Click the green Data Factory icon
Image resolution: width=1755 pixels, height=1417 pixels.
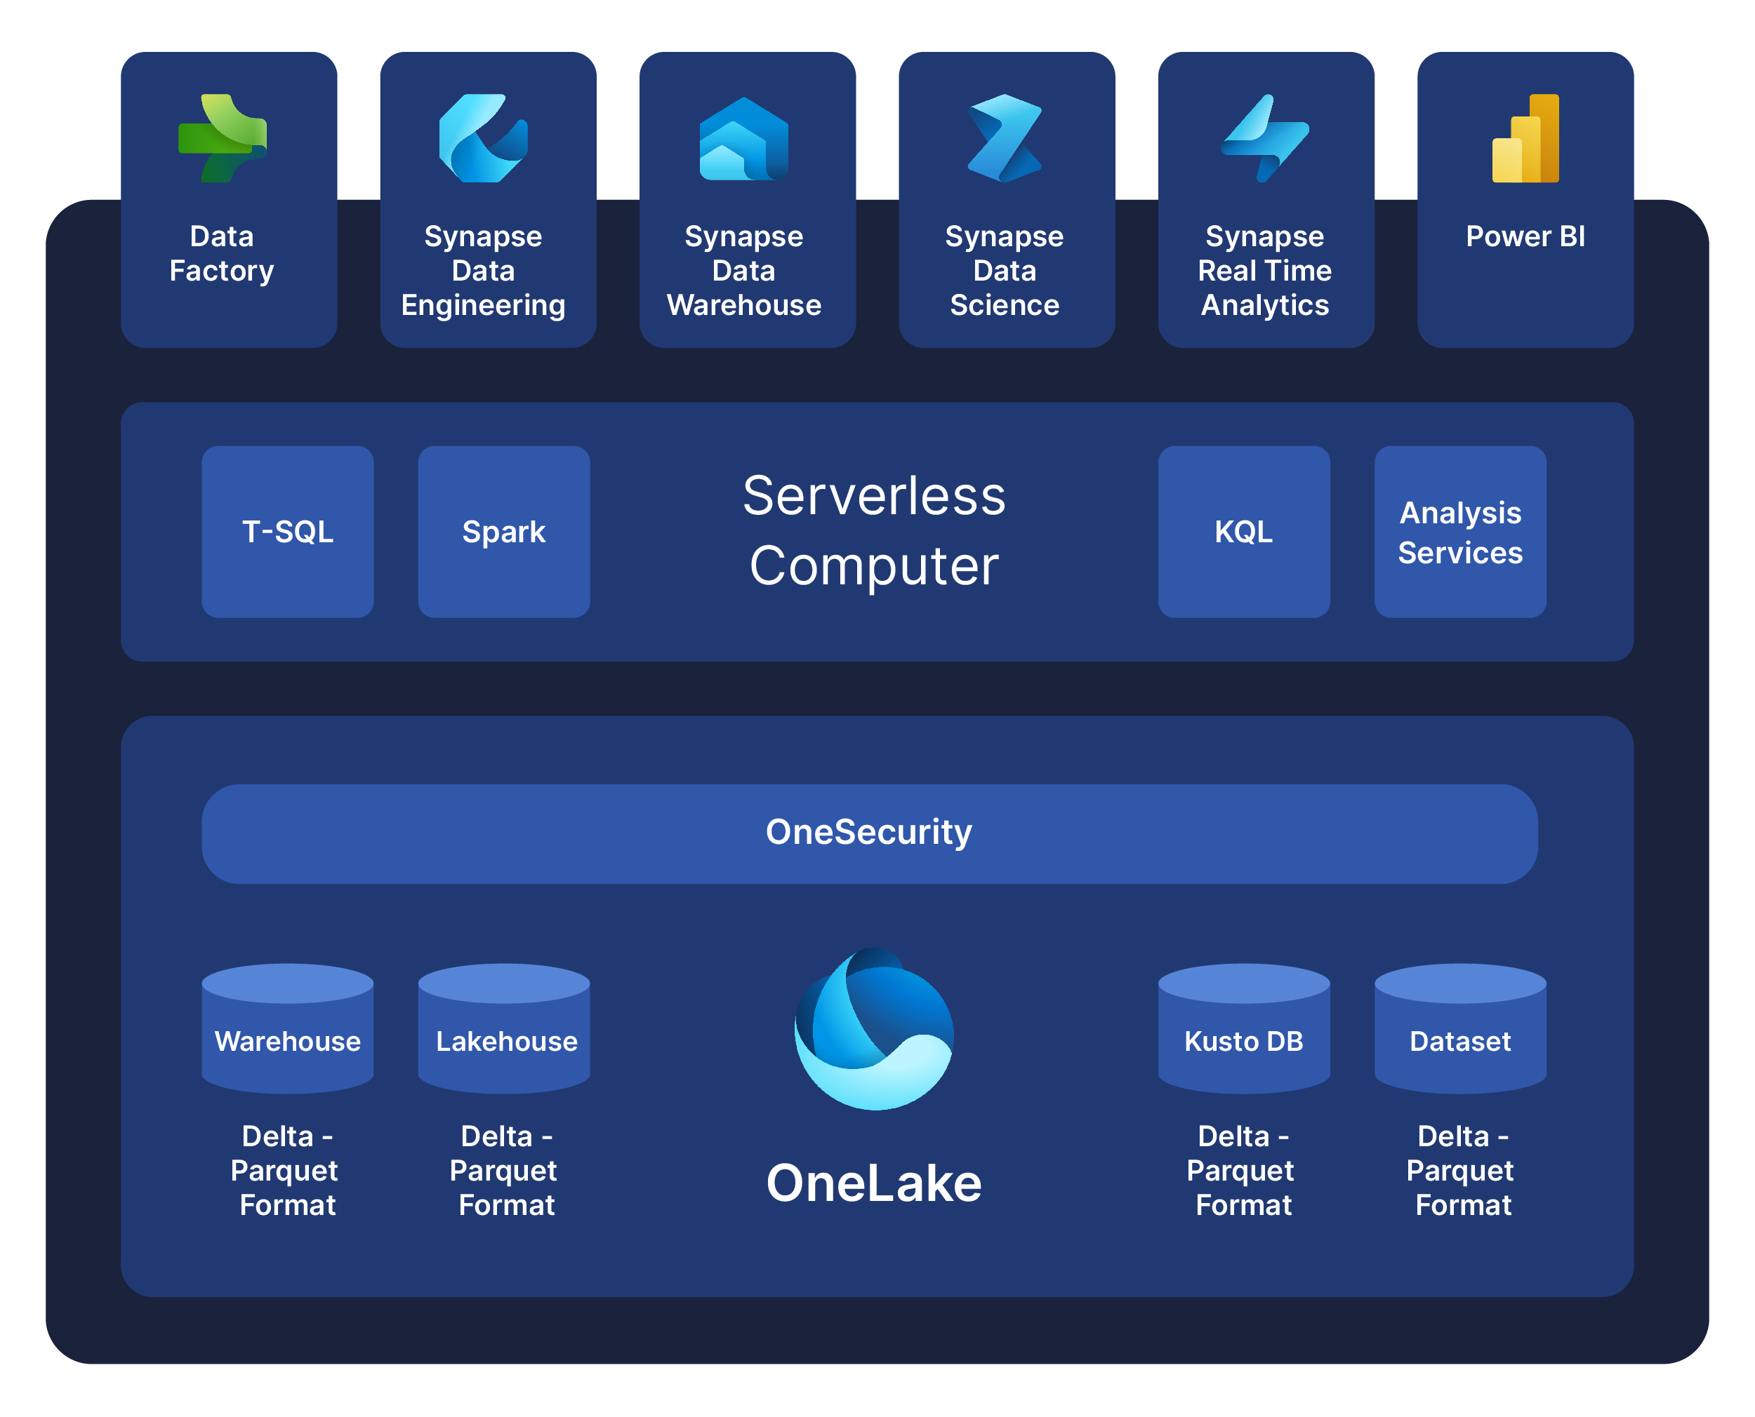pos(222,138)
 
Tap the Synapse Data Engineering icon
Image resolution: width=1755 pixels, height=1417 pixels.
pos(483,138)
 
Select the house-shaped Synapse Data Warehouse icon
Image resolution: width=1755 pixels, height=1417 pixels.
pos(743,139)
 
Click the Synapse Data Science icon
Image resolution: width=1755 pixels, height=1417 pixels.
pos(1004,138)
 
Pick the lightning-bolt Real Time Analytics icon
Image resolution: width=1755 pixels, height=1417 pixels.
pos(1264,138)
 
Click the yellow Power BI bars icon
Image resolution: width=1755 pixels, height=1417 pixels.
pos(1525,138)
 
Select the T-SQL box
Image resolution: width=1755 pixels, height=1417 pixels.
pos(287,532)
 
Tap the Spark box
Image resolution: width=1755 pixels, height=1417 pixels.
pos(503,532)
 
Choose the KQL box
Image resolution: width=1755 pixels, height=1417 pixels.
pos(1243,532)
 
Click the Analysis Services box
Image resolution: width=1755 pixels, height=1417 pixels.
pos(1459,532)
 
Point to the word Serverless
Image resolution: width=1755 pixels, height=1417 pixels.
pos(873,495)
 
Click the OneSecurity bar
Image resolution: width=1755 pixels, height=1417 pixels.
pos(869,833)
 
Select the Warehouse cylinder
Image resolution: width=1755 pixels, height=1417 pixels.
pos(287,1030)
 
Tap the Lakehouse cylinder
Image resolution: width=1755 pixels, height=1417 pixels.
pos(503,1030)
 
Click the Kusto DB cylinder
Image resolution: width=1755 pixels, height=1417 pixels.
pos(1243,1030)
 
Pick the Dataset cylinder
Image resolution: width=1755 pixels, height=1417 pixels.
pos(1459,1030)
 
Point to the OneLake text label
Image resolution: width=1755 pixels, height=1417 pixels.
pos(873,1183)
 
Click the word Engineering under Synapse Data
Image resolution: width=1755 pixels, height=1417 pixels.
pos(483,304)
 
